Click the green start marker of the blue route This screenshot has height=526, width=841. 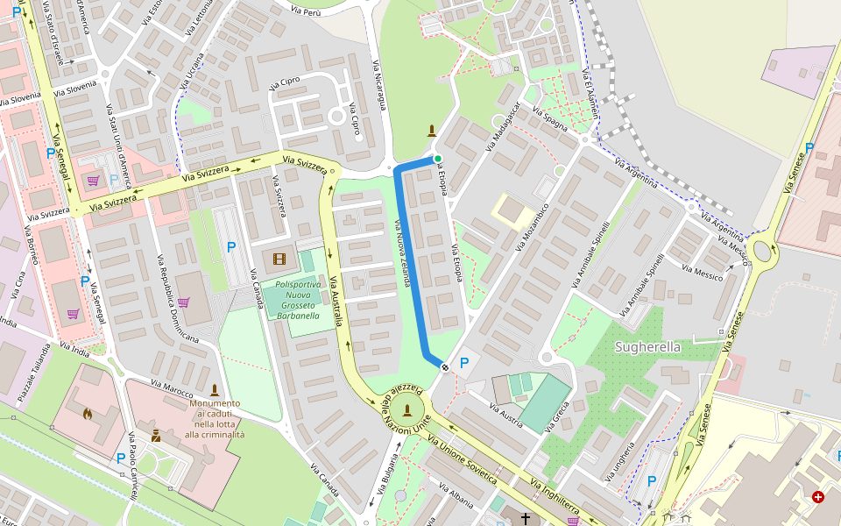[437, 159]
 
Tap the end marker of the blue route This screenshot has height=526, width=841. [445, 366]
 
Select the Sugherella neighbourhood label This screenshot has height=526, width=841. [647, 347]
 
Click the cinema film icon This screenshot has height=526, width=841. [279, 259]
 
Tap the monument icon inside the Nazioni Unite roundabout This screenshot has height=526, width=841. [406, 409]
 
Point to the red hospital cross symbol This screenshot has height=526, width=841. [818, 497]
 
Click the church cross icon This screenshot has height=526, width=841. [526, 519]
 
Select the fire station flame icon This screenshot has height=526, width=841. [87, 413]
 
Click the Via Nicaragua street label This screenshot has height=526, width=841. [379, 89]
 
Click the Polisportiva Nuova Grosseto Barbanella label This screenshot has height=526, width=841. [298, 300]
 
